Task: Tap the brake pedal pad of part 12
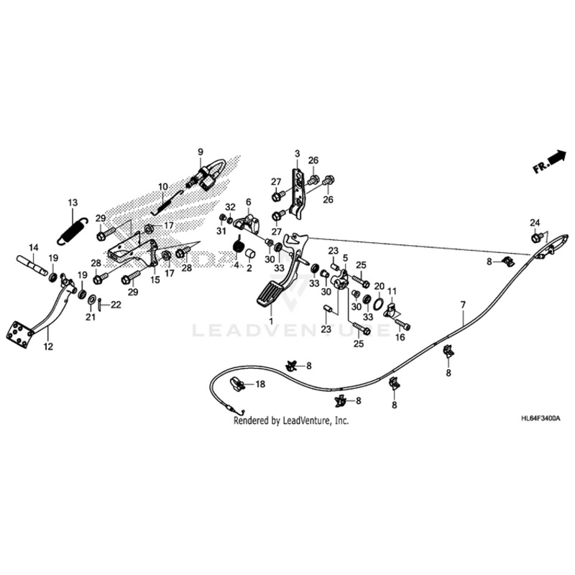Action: (x=19, y=333)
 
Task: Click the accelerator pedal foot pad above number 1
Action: (x=270, y=295)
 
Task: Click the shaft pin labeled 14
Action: (x=33, y=262)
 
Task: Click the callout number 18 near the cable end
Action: (x=261, y=385)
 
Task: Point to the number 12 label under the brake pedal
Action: (x=49, y=346)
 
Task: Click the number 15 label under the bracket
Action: (x=155, y=280)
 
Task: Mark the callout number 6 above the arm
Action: (x=249, y=202)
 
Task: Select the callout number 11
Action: (x=392, y=290)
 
